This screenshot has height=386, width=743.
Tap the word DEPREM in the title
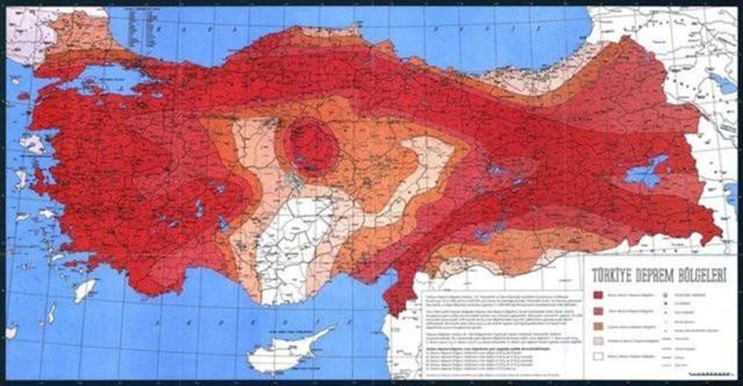(x=644, y=274)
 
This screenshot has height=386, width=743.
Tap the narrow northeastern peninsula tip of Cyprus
(x=328, y=329)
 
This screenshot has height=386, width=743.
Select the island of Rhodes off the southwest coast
(x=85, y=289)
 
